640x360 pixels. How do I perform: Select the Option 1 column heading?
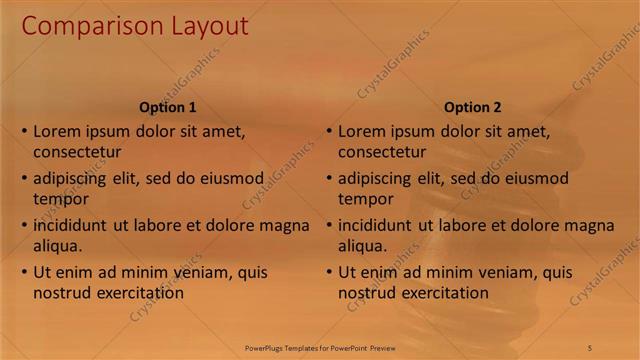pos(167,107)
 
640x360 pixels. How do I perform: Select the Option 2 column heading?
pos(473,107)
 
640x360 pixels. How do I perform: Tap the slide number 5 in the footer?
pos(590,347)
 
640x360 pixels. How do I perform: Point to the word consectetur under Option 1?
pos(77,153)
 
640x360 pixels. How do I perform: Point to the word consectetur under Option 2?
pos(382,153)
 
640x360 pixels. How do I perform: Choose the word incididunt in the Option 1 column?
pos(69,225)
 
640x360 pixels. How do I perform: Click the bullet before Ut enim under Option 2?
pos(329,272)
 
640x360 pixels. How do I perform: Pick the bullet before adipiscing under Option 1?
pos(24,179)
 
